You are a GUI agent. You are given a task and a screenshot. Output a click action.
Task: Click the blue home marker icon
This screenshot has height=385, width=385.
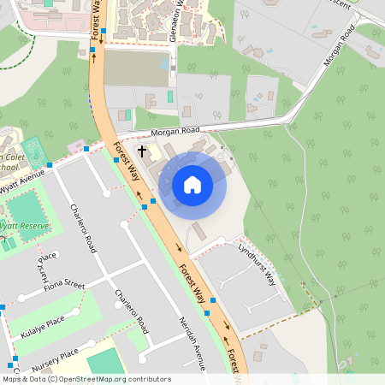pos(192,184)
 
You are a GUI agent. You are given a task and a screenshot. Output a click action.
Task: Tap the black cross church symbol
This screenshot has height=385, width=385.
pos(142,151)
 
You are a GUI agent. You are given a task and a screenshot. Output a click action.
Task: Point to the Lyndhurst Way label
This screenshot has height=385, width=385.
pos(258,264)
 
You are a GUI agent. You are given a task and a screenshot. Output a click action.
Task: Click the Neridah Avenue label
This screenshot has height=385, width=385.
pos(192,342)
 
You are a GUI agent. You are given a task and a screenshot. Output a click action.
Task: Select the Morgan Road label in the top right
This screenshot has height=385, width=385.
pos(340,50)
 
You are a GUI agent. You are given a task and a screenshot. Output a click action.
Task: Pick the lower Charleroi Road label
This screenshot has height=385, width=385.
pos(132,311)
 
